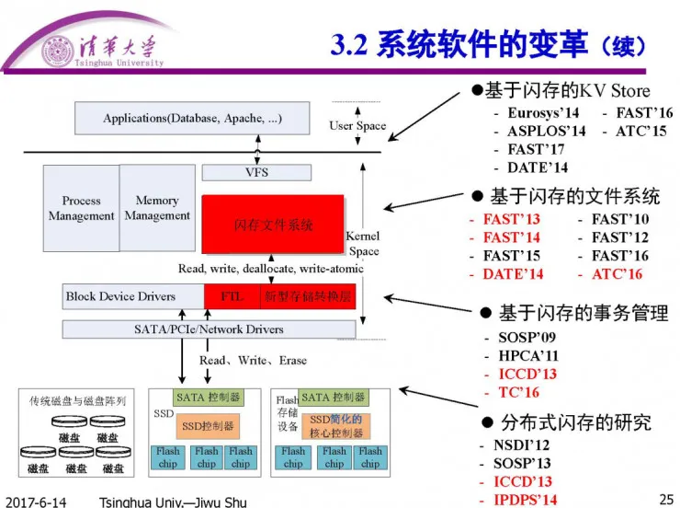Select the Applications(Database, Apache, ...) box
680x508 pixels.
pyautogui.click(x=192, y=119)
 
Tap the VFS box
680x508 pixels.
pyautogui.click(x=256, y=172)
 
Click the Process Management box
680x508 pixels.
pyautogui.click(x=81, y=208)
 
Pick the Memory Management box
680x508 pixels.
pyautogui.click(x=157, y=208)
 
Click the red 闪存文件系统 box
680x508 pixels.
pyautogui.click(x=273, y=225)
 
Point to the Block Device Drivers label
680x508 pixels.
pyautogui.click(x=119, y=296)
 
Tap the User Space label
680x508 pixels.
pyautogui.click(x=357, y=126)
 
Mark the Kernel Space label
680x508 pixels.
pyautogui.click(x=363, y=244)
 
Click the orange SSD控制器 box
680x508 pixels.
pyautogui.click(x=207, y=426)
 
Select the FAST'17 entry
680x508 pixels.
pyautogui.click(x=536, y=149)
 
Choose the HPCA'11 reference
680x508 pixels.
pyautogui.click(x=527, y=355)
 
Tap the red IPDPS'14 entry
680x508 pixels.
pyautogui.click(x=525, y=500)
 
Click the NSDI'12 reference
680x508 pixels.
pyautogui.click(x=521, y=445)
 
